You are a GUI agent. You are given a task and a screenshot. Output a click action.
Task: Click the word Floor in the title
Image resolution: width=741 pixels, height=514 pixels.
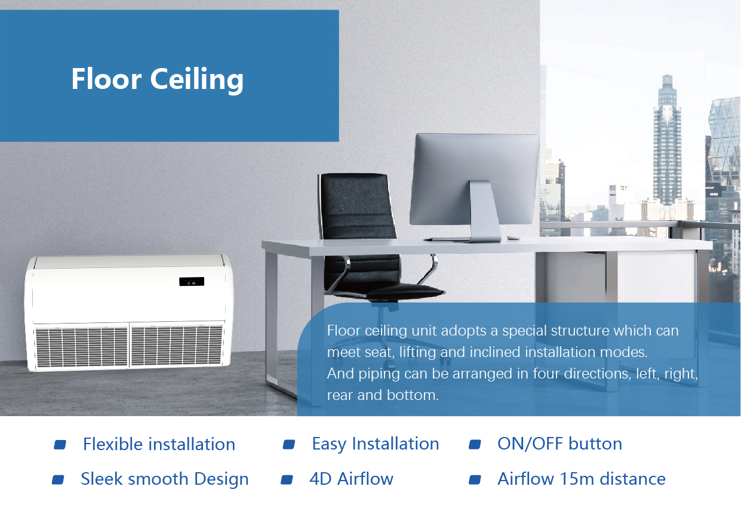106,79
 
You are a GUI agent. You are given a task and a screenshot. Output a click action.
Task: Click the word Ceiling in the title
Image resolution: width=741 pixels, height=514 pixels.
197,80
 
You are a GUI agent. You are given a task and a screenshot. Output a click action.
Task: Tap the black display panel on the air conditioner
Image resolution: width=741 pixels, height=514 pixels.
192,282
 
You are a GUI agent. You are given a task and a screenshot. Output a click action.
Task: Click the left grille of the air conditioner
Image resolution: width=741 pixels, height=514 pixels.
81,347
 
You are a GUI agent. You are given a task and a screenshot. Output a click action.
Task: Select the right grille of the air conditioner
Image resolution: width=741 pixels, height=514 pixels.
176,346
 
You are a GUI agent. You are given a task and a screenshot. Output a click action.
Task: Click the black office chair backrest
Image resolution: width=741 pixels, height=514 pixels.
357,206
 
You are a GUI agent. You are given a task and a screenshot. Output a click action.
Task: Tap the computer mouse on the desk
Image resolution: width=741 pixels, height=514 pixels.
513,238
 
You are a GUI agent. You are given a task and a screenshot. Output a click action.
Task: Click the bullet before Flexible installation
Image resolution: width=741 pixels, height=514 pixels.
60,445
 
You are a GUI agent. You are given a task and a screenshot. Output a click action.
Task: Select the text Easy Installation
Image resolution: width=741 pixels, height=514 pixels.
376,444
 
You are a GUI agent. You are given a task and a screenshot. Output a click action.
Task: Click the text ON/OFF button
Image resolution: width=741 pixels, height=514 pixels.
559,444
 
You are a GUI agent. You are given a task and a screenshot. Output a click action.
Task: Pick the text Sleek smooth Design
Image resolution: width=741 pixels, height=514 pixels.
165,479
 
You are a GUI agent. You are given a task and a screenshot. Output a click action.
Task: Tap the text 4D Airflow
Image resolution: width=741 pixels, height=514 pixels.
351,479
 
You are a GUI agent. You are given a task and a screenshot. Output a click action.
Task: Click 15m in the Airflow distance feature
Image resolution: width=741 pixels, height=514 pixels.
576,479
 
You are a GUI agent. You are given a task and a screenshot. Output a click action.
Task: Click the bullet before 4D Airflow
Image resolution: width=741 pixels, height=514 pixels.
287,480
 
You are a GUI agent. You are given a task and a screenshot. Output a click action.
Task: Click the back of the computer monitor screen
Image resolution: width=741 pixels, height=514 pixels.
474,178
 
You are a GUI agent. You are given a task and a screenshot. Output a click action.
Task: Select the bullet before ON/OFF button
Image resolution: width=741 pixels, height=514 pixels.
475,445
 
